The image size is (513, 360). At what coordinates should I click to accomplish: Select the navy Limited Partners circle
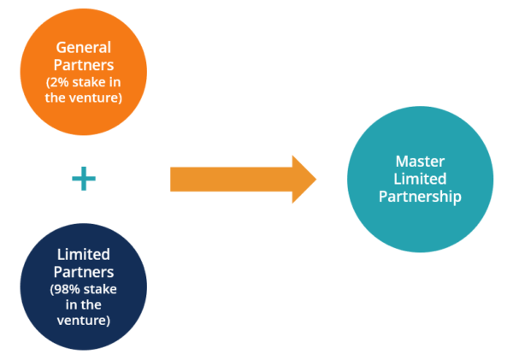pos(83,284)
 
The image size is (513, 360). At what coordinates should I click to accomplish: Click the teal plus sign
pos(83,179)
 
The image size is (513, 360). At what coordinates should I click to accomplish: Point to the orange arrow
pos(239,180)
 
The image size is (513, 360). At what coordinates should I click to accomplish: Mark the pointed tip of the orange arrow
pos(315,180)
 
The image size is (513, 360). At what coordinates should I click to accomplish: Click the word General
pos(84,46)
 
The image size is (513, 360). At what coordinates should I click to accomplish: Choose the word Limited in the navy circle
pos(83,255)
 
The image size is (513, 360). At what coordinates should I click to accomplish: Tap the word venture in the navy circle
pos(83,321)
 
